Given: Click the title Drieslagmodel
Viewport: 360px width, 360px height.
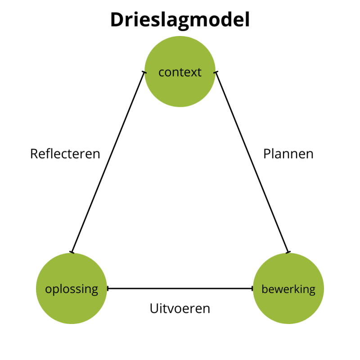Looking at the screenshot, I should click(x=180, y=20).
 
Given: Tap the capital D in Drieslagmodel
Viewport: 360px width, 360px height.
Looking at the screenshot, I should click(x=118, y=20).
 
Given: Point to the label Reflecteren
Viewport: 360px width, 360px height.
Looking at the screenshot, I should click(x=65, y=154).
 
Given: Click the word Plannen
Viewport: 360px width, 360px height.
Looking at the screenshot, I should click(x=288, y=154).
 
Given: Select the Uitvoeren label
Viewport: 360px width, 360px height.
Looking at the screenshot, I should click(x=180, y=309).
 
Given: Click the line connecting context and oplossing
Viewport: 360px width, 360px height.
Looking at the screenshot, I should click(x=108, y=162).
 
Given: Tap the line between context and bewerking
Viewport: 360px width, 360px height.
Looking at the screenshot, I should click(x=252, y=162).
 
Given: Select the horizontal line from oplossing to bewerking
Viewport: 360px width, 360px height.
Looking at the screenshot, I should click(x=180, y=288).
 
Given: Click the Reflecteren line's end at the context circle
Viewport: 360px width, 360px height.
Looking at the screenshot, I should click(x=144, y=72).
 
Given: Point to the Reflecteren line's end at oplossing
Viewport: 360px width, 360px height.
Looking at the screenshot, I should click(x=72, y=252).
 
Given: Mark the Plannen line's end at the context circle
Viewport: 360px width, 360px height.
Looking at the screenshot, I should click(x=216, y=72).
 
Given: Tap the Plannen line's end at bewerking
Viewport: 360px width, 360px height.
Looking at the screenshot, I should click(x=288, y=252).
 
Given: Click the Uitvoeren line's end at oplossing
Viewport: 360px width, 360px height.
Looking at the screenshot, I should click(x=108, y=288).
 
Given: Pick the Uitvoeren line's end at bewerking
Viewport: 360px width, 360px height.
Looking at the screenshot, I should click(x=252, y=288).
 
